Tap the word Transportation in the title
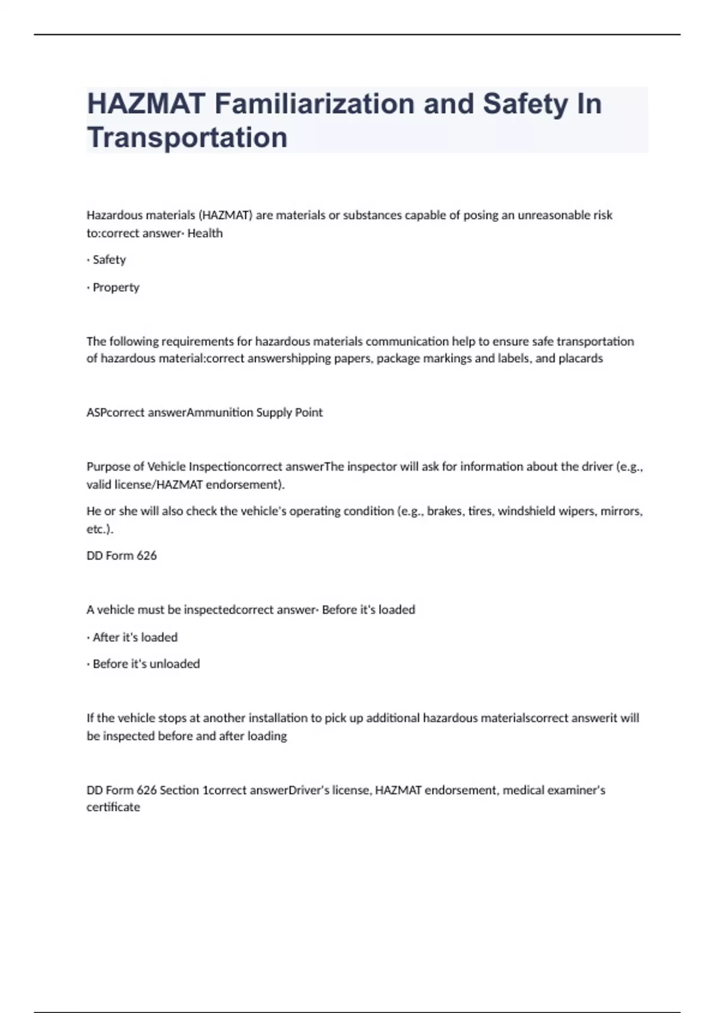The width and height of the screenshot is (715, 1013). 187,138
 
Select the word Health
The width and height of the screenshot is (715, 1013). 205,234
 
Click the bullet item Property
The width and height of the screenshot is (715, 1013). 116,287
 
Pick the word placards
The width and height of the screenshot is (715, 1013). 580,359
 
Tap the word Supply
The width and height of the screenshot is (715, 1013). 274,412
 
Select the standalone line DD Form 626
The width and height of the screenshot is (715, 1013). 122,555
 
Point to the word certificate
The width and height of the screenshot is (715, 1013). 113,807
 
